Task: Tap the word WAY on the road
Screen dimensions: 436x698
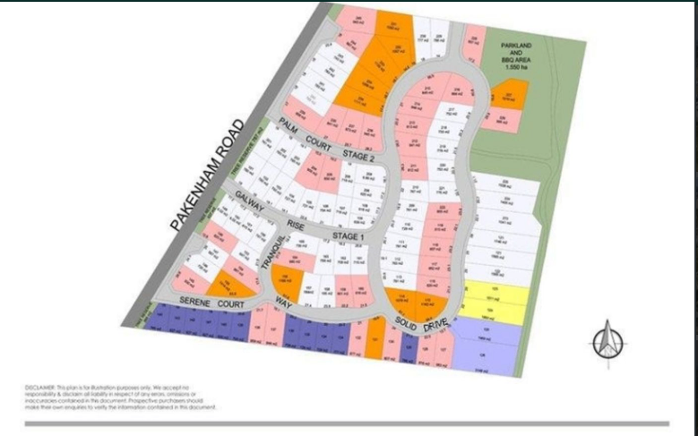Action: (x=285, y=300)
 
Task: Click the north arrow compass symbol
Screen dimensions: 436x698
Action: (x=607, y=341)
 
